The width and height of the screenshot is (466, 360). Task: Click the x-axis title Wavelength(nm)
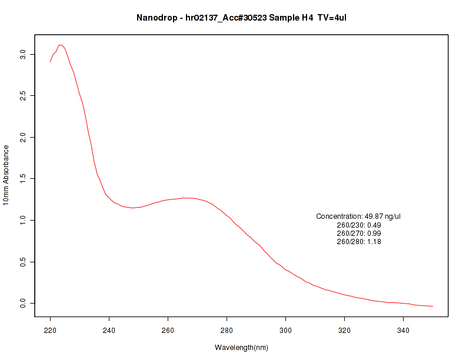click(x=241, y=348)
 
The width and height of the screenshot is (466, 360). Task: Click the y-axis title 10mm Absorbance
click(x=6, y=175)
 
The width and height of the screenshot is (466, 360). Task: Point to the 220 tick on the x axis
click(x=51, y=331)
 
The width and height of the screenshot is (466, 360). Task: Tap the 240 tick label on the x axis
click(x=109, y=331)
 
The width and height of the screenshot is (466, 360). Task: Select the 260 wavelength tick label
click(x=168, y=331)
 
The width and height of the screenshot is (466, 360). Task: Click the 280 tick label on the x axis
click(x=227, y=331)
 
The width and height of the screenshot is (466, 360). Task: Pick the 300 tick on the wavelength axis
click(x=286, y=331)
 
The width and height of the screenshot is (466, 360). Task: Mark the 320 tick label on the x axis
click(x=345, y=331)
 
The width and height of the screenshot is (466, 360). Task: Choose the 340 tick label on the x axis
click(x=404, y=331)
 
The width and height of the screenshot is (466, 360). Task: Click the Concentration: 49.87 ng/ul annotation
click(x=358, y=217)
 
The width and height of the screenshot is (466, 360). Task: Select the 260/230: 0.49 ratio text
click(x=358, y=225)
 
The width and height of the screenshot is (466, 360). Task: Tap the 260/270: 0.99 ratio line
click(x=358, y=234)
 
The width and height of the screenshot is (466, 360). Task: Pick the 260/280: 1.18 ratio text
click(x=358, y=242)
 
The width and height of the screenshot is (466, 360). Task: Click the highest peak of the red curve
click(x=61, y=45)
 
